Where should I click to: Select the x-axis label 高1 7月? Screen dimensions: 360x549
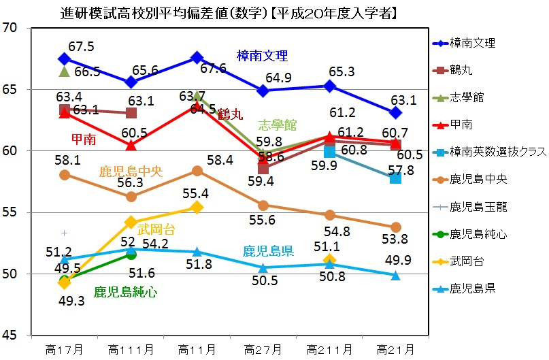pyautogui.click(x=65, y=350)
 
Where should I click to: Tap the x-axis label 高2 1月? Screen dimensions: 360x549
pyautogui.click(x=395, y=350)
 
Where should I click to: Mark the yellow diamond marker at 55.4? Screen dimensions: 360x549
pyautogui.click(x=197, y=206)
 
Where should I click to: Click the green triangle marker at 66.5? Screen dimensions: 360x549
pyautogui.click(x=65, y=71)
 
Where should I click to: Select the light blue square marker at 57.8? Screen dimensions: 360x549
pyautogui.click(x=395, y=178)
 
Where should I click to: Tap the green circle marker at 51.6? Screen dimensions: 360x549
pyautogui.click(x=131, y=255)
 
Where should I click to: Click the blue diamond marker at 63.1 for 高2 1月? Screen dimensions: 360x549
pyautogui.click(x=395, y=112)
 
